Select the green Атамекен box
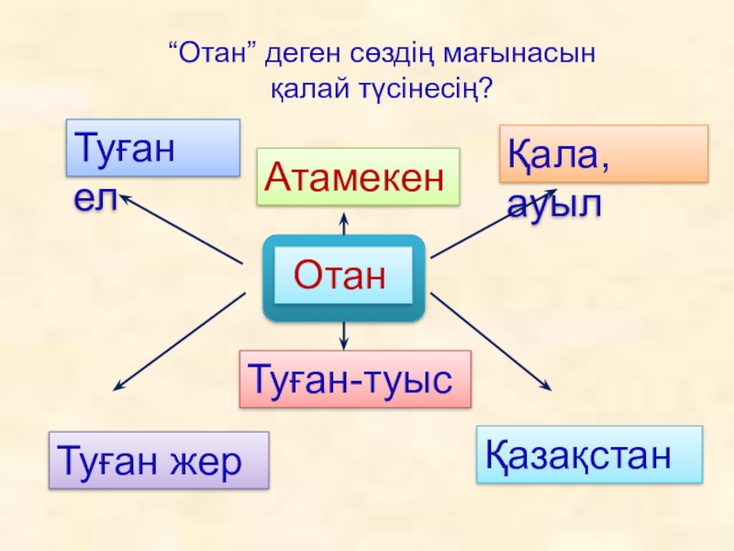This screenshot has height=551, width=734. tap(357, 176)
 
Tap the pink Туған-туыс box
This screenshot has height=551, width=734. tap(354, 378)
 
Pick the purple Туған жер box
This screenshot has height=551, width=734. tap(158, 459)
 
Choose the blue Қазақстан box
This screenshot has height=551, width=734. tap(589, 454)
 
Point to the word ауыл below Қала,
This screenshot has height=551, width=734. tap(555, 204)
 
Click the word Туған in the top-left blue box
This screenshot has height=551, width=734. tap(124, 147)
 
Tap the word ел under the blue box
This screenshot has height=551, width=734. tap(95, 199)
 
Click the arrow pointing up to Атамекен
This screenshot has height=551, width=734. tap(344, 222)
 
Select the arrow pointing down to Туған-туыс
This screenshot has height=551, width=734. tap(343, 334)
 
